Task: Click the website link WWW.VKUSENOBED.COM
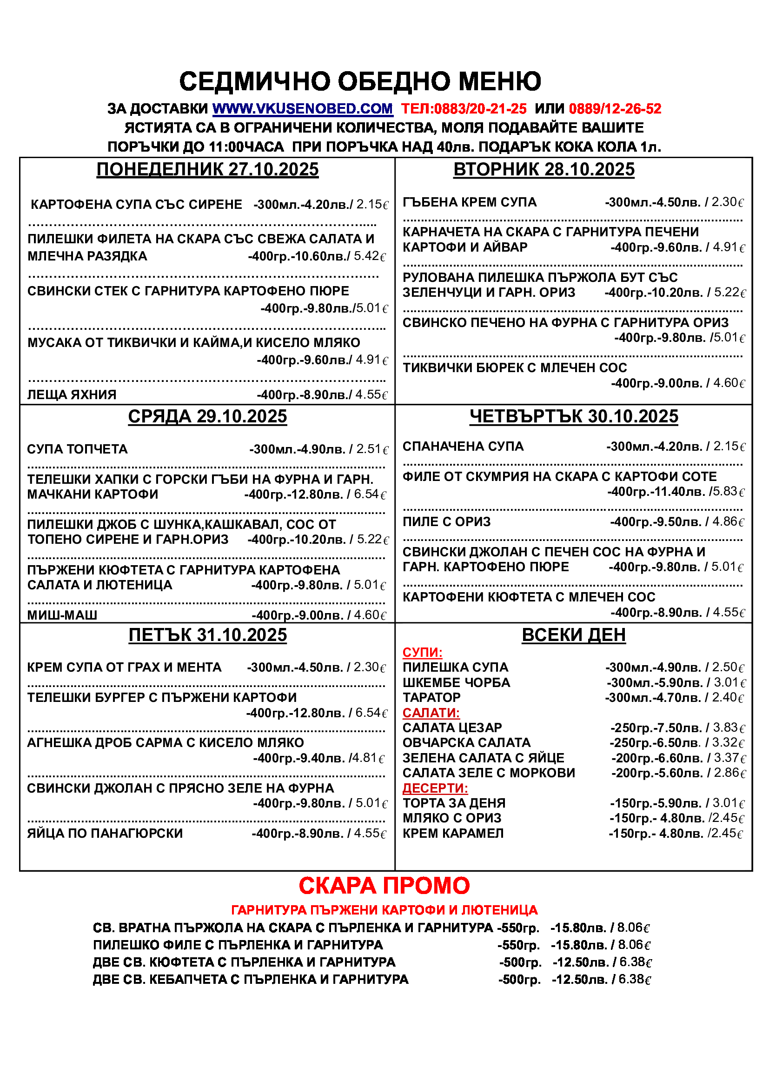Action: point(303,108)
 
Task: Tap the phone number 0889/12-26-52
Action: point(615,108)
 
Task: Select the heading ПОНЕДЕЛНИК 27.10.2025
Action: point(207,170)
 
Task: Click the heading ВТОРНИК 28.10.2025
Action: point(544,170)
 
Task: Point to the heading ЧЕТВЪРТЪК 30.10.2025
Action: point(573,416)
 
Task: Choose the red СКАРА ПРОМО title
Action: point(384,885)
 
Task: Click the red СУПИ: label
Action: point(422,653)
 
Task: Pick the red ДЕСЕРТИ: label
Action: point(435,788)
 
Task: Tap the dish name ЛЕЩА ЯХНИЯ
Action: point(72,395)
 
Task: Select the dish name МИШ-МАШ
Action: point(62,615)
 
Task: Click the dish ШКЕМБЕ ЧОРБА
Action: point(456,682)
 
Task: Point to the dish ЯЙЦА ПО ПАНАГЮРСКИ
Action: point(105,833)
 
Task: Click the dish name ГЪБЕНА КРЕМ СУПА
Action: point(469,202)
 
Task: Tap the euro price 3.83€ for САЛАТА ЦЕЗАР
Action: point(729,728)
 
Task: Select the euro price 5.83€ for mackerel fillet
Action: point(729,491)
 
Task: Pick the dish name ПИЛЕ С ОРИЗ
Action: point(446,522)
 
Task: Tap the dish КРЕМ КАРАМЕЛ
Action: point(453,833)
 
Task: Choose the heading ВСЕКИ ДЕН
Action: point(573,634)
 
